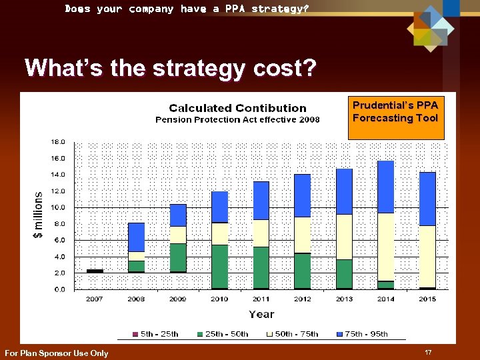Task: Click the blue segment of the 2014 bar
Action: coord(386,187)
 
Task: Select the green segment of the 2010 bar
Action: coord(220,266)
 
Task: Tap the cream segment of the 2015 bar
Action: coord(427,256)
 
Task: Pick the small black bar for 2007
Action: coord(95,271)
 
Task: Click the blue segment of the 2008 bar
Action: coord(137,237)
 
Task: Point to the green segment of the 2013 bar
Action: coord(345,273)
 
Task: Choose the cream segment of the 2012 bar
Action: coord(303,235)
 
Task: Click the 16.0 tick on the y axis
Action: coord(58,159)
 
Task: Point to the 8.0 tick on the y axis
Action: coord(58,224)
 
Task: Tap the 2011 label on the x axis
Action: coord(261,299)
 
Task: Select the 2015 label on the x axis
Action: coord(427,299)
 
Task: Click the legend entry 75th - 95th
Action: coord(363,334)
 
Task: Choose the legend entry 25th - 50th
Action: coord(223,334)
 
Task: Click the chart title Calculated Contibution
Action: coord(237,108)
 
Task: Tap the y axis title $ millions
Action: coord(39,215)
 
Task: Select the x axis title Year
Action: coord(261,314)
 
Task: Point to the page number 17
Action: coord(427,351)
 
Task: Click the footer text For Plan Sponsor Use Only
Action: coord(56,353)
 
